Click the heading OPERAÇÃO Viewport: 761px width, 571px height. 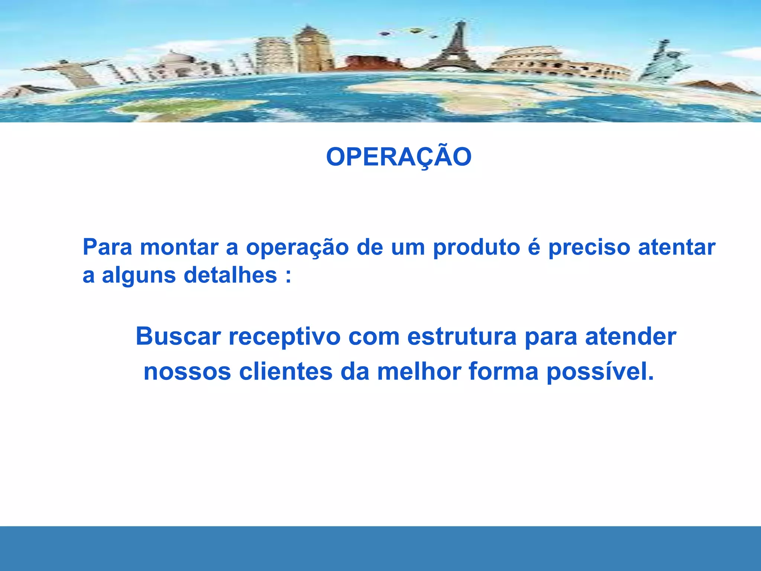(399, 157)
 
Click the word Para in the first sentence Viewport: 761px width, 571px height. (107, 247)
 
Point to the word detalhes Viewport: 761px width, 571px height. (230, 275)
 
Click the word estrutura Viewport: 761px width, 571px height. (462, 337)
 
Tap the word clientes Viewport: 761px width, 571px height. (285, 372)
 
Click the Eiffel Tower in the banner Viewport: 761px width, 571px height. (456, 48)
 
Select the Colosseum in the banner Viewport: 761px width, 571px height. (557, 63)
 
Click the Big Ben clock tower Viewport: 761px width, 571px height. (309, 48)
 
